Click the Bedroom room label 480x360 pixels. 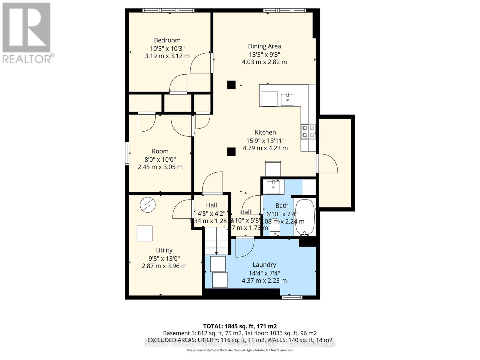pos(167,40)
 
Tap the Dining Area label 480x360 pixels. pos(264,46)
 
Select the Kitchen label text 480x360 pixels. pos(265,132)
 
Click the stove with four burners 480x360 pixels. pos(308,131)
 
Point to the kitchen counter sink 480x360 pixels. pos(287,100)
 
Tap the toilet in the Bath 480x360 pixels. pos(275,228)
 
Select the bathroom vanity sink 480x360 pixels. pos(273,187)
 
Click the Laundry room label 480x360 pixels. pos(264,265)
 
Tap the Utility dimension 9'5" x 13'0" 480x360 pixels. pos(164,258)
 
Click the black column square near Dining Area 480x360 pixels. pos(231,85)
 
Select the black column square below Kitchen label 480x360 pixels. pos(231,152)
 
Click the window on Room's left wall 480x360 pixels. pos(127,154)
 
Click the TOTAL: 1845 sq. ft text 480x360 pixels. pos(240,326)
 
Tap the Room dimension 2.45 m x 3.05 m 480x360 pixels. pos(160,167)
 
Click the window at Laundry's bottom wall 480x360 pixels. pos(292,297)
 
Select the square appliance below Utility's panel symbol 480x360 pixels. pos(145,233)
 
